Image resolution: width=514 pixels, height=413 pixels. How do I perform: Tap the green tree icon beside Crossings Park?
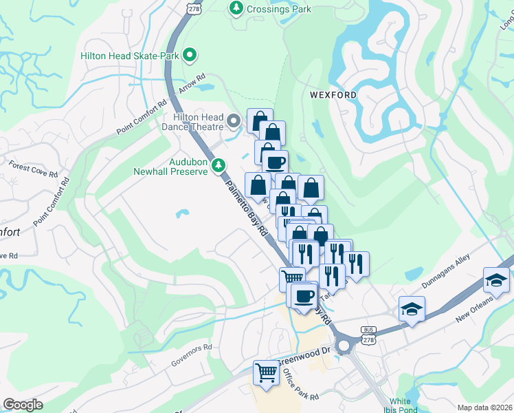pos(236,8)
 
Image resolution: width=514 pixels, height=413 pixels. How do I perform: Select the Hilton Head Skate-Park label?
pos(129,54)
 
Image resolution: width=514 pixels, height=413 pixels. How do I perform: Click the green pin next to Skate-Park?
pos(191,54)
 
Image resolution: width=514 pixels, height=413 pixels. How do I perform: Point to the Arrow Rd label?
pos(192,85)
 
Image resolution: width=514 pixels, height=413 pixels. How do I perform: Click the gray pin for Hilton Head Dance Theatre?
pos(234,123)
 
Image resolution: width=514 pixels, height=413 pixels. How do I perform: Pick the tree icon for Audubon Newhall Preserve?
pos(219,165)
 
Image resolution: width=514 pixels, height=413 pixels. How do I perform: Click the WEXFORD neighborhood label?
pos(333,94)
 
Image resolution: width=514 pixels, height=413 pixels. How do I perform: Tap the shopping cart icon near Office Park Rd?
pos(266,373)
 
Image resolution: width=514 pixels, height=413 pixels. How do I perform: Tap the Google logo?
pos(23,405)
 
